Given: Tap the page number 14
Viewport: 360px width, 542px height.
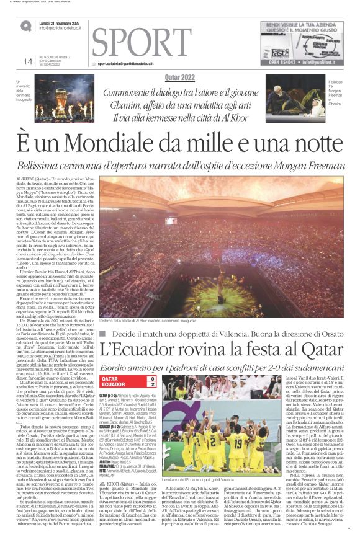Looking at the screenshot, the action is pos(27,62).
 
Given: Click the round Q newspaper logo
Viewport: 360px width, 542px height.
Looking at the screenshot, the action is pos(25,25).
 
